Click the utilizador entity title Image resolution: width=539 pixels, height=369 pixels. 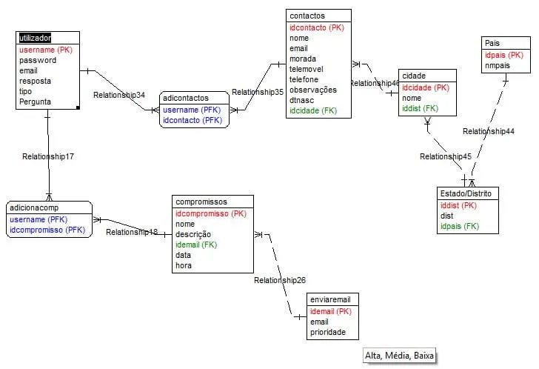36,38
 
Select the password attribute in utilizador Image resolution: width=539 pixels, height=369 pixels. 38,60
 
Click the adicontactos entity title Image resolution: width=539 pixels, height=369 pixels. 185,97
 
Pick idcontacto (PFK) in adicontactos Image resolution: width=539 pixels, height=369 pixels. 192,120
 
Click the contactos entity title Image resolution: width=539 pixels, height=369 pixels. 307,16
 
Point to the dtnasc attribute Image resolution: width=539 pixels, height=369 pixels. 302,100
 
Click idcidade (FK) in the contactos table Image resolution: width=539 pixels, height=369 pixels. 314,110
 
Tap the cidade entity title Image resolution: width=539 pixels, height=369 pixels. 413,76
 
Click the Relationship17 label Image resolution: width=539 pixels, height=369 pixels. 48,156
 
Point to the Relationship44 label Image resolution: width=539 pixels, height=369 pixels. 489,131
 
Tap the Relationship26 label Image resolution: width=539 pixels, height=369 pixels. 280,280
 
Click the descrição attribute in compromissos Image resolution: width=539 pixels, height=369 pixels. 192,234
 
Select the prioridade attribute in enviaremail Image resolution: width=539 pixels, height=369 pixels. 328,332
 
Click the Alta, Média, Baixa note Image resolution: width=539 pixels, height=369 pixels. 399,356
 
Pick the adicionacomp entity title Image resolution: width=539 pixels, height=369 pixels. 34,208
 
